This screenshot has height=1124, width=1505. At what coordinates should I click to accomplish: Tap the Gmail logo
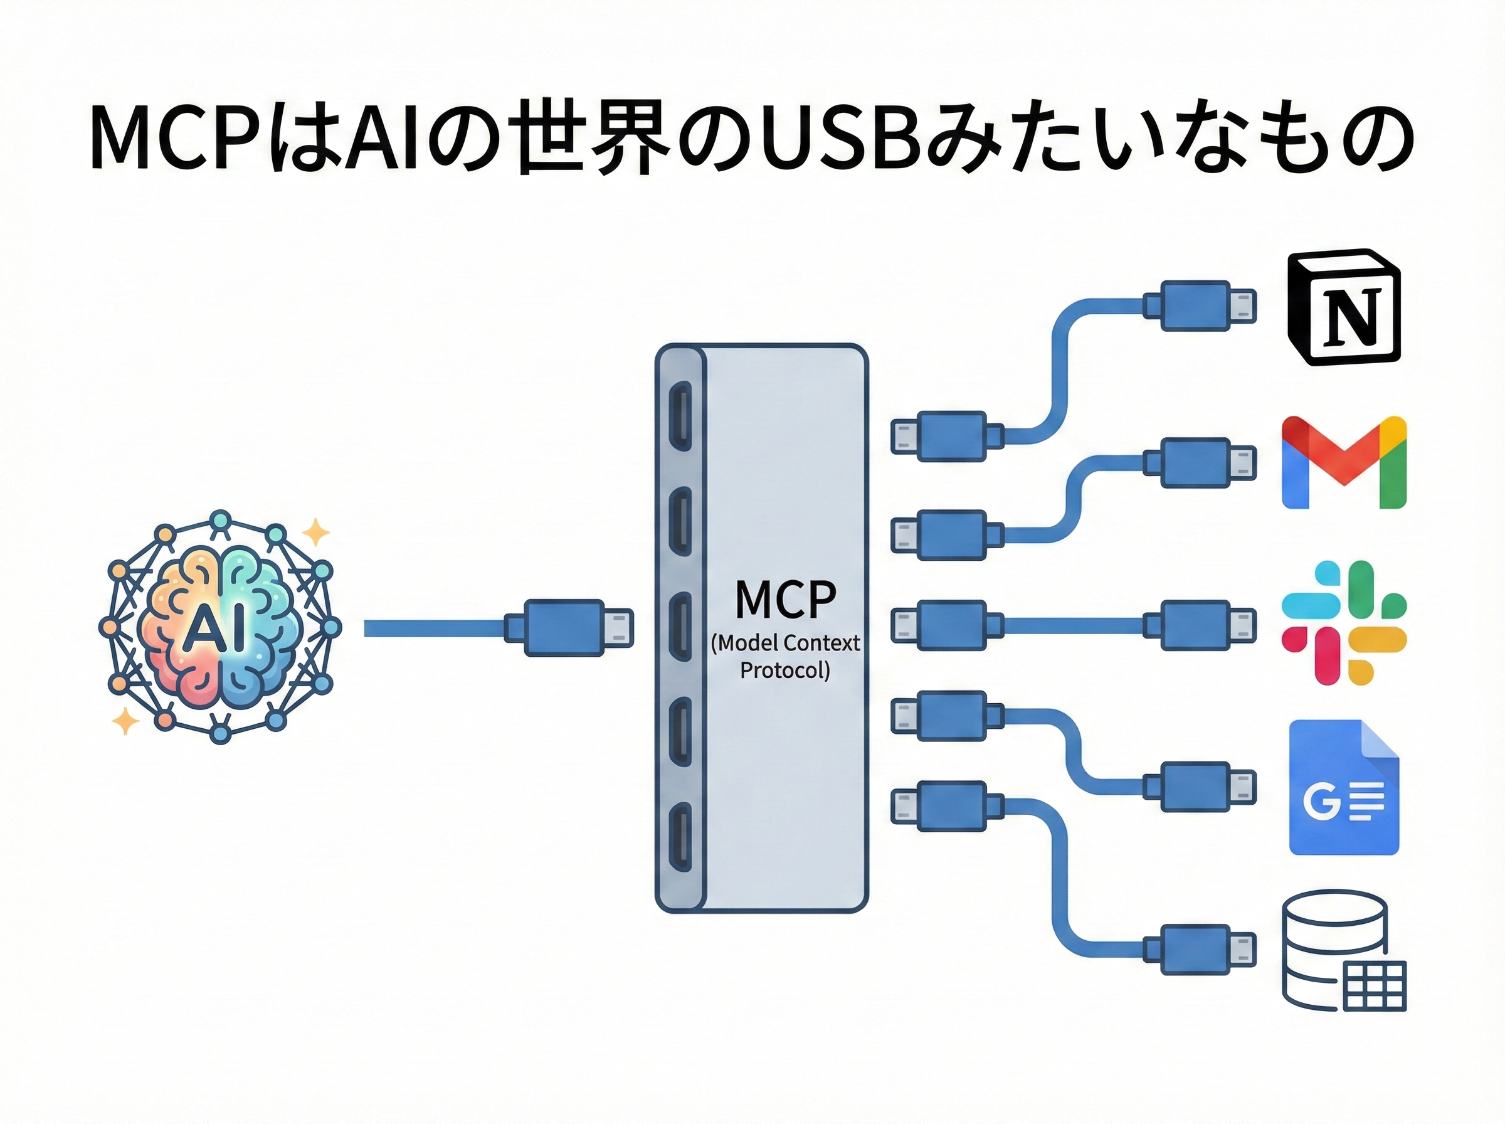pyautogui.click(x=1344, y=463)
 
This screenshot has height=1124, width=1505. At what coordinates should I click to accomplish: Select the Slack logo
pyautogui.click(x=1344, y=623)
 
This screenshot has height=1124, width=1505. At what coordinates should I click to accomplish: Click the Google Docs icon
pyautogui.click(x=1344, y=787)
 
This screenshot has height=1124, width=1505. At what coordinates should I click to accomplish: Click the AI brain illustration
pyautogui.click(x=219, y=626)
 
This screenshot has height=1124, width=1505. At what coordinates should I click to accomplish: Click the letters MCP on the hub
pyautogui.click(x=786, y=600)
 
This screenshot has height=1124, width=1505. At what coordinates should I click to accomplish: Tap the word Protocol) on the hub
pyautogui.click(x=785, y=671)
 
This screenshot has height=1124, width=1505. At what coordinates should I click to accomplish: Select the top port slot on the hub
pyautogui.click(x=680, y=416)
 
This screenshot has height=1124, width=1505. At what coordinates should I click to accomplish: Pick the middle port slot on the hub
pyautogui.click(x=680, y=627)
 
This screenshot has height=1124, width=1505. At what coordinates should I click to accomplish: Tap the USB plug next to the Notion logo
pyautogui.click(x=1200, y=306)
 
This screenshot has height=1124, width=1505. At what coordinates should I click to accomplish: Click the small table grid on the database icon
pyautogui.click(x=1375, y=986)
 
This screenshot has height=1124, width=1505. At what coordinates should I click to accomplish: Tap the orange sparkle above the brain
pyautogui.click(x=315, y=532)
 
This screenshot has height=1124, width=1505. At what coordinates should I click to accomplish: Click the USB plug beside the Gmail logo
pyautogui.click(x=1200, y=464)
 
